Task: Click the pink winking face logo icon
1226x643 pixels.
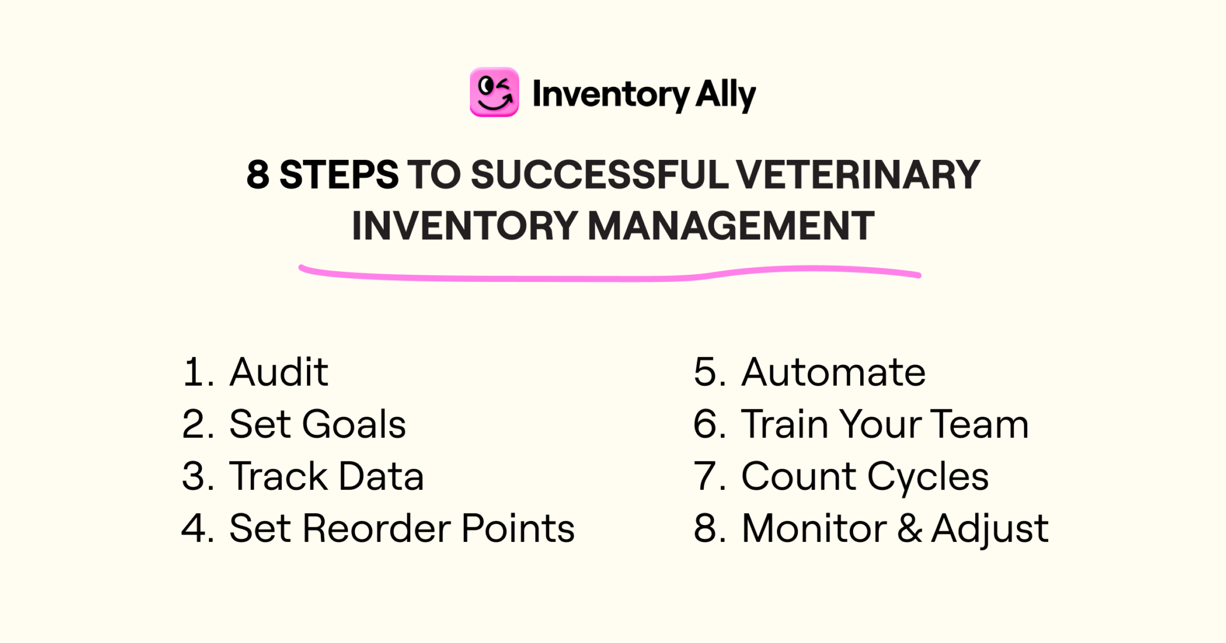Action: [x=494, y=92]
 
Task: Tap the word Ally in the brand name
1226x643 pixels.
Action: [x=726, y=95]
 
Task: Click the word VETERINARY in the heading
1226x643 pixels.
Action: [x=858, y=175]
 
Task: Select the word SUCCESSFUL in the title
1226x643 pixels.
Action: [x=600, y=175]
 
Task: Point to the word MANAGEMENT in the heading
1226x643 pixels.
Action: [x=731, y=226]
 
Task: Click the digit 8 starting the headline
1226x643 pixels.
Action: [x=257, y=175]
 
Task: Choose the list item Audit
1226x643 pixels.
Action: [x=278, y=372]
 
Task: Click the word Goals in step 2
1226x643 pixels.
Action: [x=354, y=424]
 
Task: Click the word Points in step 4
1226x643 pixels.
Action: [x=518, y=528]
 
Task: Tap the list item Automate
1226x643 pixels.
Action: [x=833, y=372]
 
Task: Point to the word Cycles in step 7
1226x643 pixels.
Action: [x=928, y=477]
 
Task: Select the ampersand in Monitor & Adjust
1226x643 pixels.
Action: [x=909, y=528]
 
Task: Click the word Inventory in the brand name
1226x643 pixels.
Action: [x=611, y=95]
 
